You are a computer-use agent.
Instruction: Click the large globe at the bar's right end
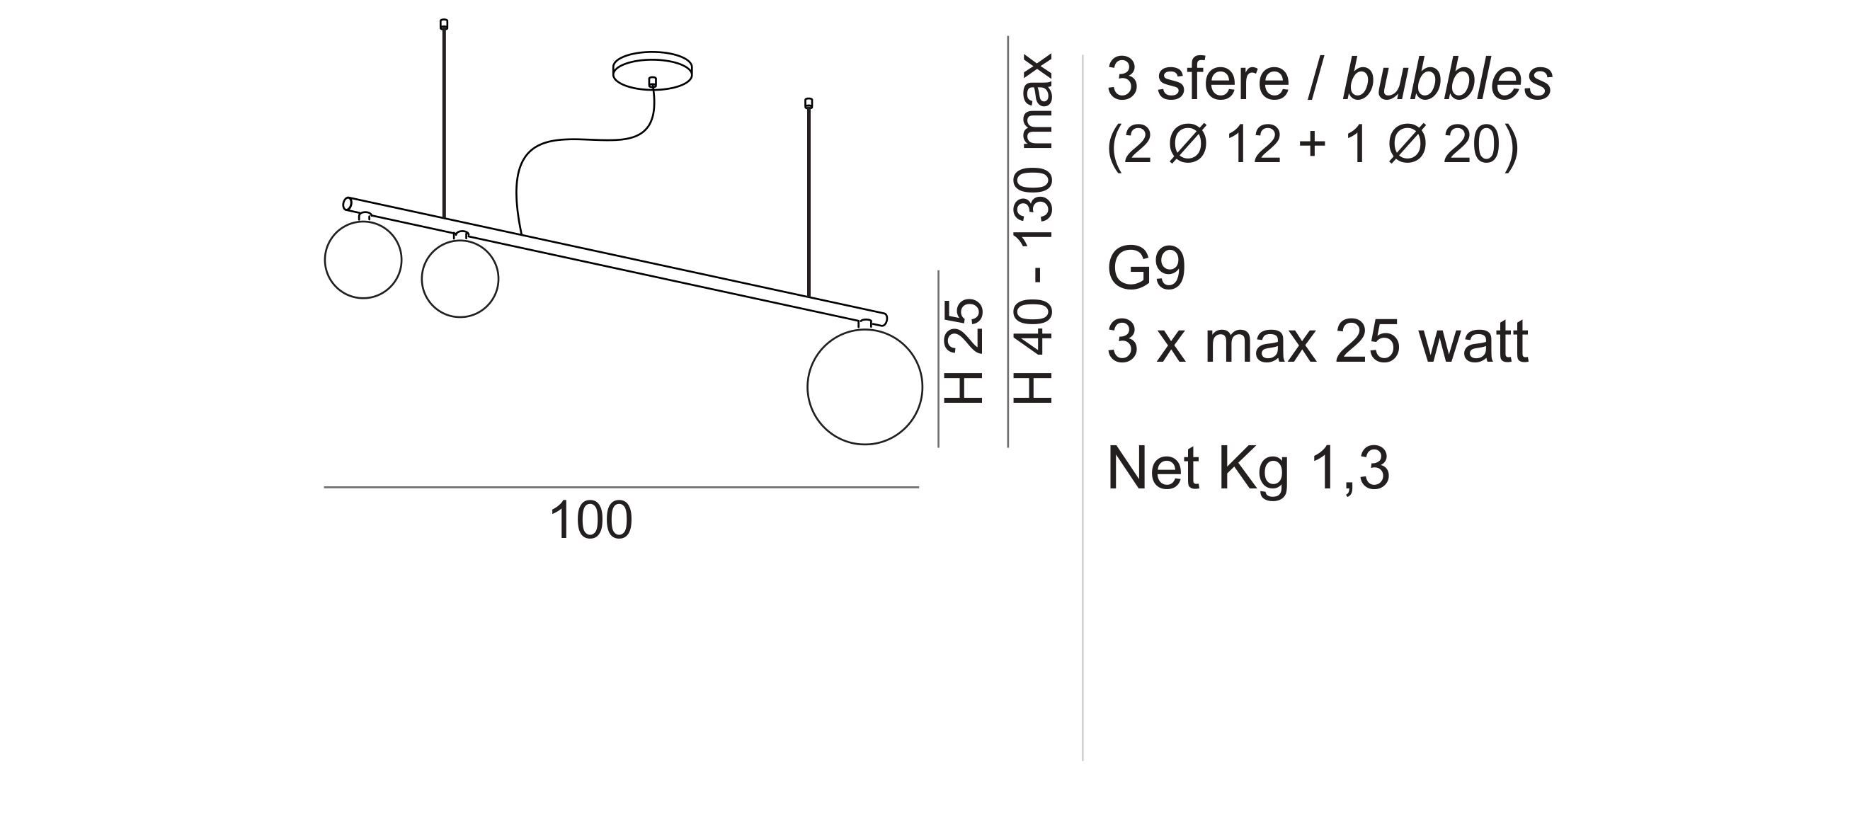[864, 386]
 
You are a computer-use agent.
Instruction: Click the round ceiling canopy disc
[652, 70]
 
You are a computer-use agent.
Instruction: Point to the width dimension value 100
[590, 520]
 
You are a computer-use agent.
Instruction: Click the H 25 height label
[963, 351]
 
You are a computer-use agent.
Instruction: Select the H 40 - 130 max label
[1032, 228]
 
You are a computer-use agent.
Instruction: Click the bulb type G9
[1146, 269]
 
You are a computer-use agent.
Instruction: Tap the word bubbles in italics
[1447, 79]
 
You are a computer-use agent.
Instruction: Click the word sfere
[1223, 79]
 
